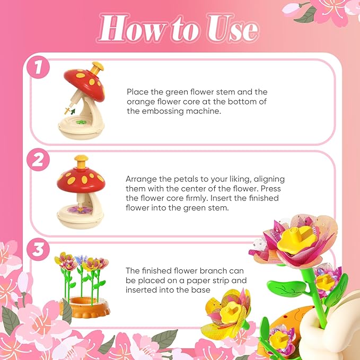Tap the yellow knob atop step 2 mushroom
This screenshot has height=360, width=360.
pyautogui.click(x=81, y=160)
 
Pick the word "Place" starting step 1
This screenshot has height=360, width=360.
pyautogui.click(x=137, y=91)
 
